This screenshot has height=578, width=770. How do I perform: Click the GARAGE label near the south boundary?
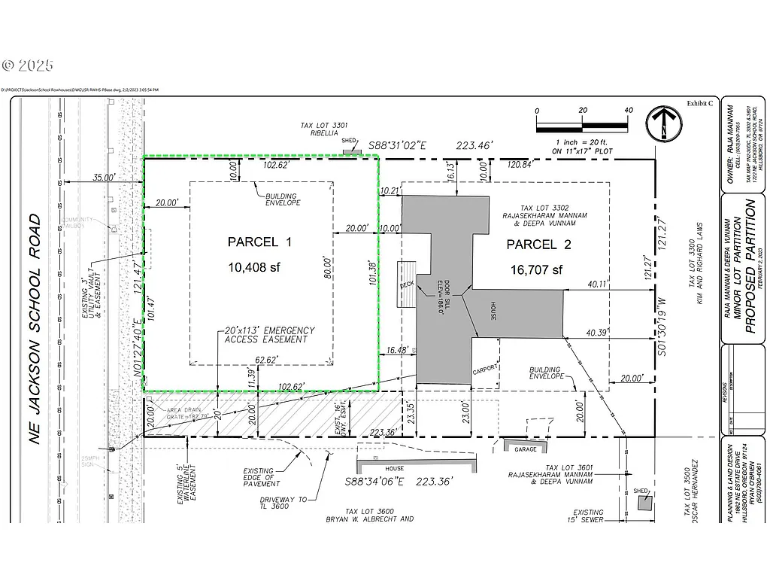[x=526, y=449]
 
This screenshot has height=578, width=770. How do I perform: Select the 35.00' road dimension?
[x=104, y=178]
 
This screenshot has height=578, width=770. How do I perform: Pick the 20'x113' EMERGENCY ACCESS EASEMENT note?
[x=269, y=335]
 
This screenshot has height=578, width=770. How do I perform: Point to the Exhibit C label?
[x=699, y=104]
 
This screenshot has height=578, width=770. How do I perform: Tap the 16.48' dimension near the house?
[x=396, y=351]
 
